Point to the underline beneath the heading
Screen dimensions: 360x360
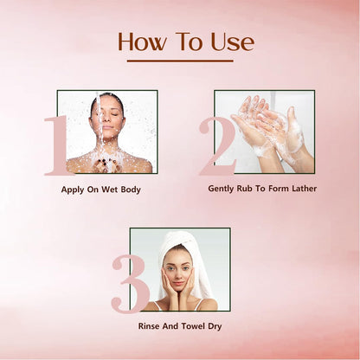pos(180,61)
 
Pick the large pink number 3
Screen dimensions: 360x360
pos(130,282)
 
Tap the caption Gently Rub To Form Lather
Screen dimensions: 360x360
pos(262,188)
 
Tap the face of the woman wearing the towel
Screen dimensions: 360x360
pos(179,271)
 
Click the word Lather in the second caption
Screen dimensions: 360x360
pos(302,188)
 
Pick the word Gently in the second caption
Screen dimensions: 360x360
pos(224,188)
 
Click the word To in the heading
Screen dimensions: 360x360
pos(189,42)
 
